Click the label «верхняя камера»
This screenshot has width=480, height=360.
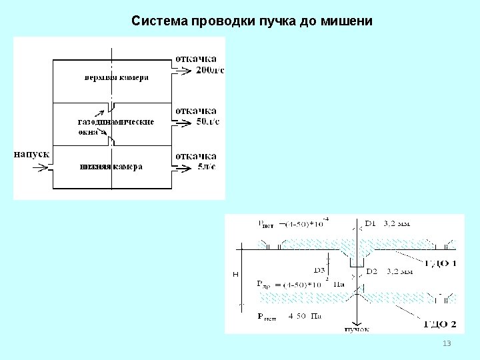click(116, 77)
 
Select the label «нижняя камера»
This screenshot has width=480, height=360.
click(110, 167)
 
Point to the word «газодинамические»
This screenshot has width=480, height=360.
click(116, 122)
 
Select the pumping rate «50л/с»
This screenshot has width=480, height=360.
click(207, 122)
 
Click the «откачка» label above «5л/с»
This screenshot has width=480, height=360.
click(195, 156)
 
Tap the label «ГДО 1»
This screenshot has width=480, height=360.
click(441, 263)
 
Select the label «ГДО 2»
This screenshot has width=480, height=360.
click(441, 325)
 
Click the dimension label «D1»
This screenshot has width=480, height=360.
click(371, 223)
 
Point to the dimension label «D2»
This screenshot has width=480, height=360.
click(371, 271)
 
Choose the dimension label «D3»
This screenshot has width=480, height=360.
click(319, 271)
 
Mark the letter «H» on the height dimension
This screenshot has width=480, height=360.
click(235, 274)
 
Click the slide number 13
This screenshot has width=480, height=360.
click(447, 343)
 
